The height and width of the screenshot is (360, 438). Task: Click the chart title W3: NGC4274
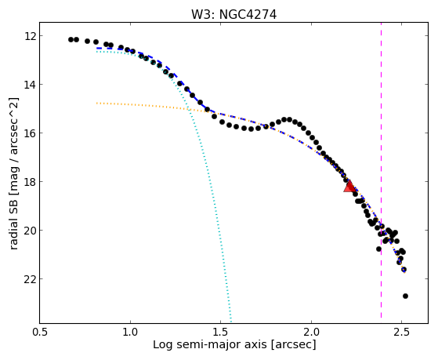(233, 15)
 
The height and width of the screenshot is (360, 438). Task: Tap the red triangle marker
(349, 187)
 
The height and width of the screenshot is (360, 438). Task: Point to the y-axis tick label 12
(29, 36)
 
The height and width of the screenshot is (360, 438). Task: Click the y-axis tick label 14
(29, 85)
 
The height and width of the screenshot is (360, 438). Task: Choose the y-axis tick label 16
(29, 133)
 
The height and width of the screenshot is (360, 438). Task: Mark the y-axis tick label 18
(29, 182)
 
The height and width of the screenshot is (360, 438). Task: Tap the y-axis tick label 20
(29, 231)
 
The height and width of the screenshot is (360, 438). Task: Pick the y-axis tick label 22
(29, 279)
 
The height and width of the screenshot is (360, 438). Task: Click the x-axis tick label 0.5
(40, 332)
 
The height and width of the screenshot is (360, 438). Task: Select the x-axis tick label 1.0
(130, 332)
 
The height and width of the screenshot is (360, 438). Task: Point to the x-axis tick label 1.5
(221, 332)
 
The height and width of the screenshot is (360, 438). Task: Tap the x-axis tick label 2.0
(311, 332)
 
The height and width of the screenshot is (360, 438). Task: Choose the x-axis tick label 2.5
(402, 332)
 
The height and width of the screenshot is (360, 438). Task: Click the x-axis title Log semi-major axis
(210, 344)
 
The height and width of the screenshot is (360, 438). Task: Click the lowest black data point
(405, 296)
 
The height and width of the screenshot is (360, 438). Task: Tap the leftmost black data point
(71, 40)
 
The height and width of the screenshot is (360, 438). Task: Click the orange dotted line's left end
(96, 104)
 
